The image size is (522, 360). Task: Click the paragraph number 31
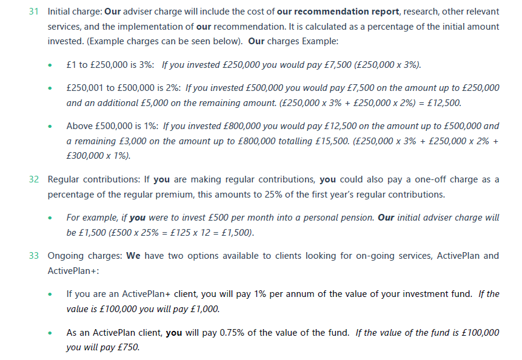34,12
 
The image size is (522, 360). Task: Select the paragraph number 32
34,180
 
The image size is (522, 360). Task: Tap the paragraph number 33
34,256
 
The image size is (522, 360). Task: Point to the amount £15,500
332,141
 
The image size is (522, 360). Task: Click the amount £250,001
85,88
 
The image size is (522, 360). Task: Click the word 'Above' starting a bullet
80,126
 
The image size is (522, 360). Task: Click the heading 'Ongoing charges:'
85,256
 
